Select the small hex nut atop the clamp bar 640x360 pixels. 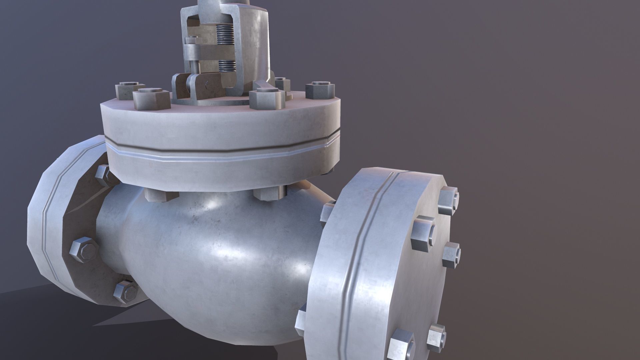pyautogui.click(x=193, y=41)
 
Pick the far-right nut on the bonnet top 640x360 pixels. pyautogui.click(x=320, y=90)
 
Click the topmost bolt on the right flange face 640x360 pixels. pyautogui.click(x=448, y=200)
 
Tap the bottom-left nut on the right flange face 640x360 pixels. pyautogui.click(x=401, y=343)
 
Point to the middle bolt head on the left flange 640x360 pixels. pyautogui.click(x=84, y=249)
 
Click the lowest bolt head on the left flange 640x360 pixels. pyautogui.click(x=126, y=292)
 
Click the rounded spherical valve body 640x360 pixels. pyautogui.click(x=213, y=253)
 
